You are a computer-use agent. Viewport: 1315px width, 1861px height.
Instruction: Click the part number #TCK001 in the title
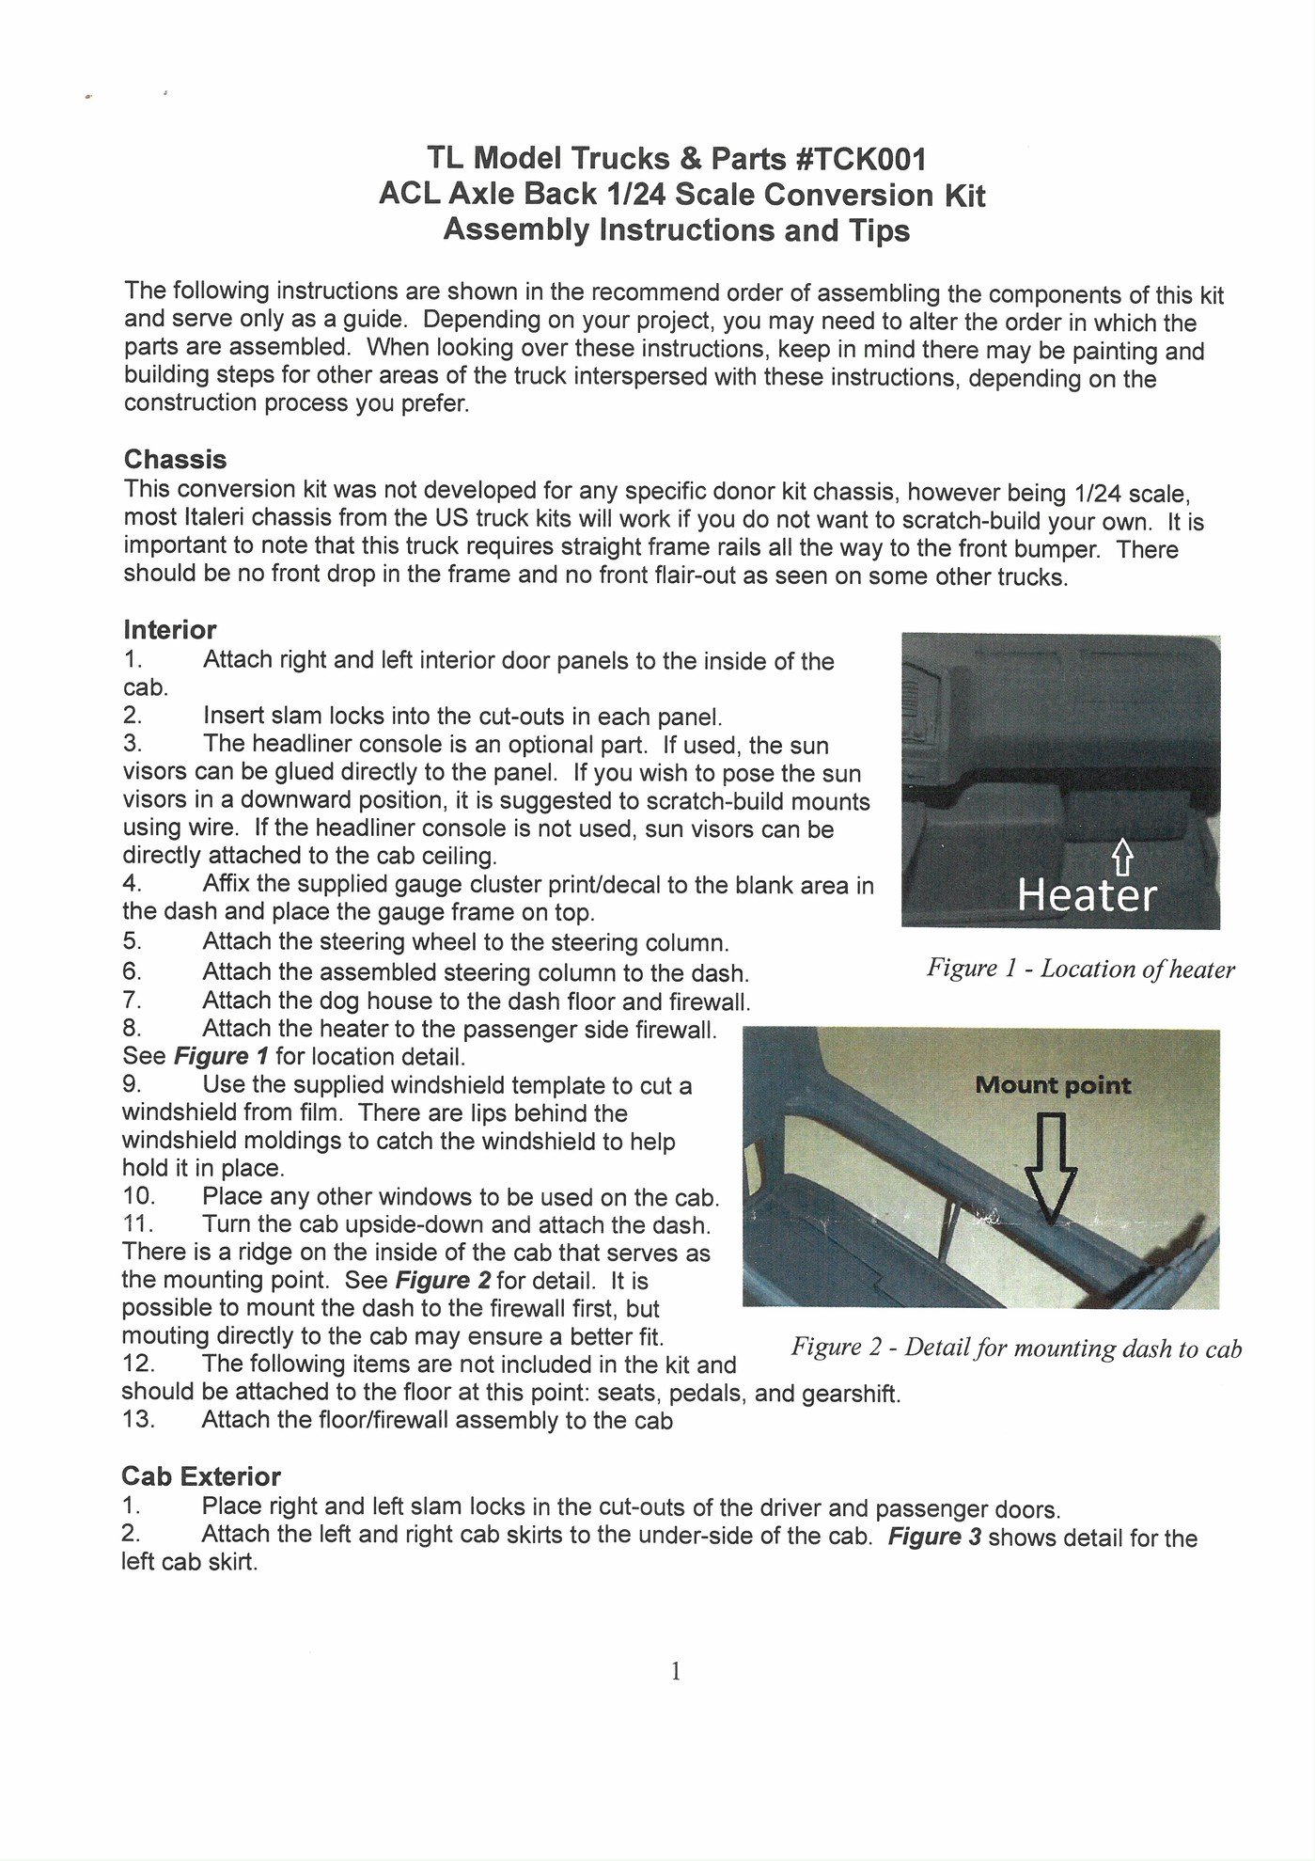(x=861, y=159)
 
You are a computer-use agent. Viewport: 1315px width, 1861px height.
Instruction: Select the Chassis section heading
(x=175, y=460)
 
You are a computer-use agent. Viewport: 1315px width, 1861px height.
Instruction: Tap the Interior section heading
(x=169, y=629)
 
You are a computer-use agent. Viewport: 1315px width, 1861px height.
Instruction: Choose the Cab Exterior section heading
(x=200, y=1476)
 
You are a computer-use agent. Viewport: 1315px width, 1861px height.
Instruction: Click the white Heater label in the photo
(x=1087, y=894)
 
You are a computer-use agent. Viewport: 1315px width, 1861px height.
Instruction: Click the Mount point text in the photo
(x=1053, y=1085)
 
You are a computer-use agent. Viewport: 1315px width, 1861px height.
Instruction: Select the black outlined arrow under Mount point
(x=1050, y=1171)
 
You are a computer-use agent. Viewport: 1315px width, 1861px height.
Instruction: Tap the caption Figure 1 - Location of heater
(x=1080, y=969)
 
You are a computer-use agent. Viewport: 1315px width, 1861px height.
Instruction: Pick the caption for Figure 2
(x=1015, y=1348)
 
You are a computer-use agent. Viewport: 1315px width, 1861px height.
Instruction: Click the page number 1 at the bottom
(x=675, y=1671)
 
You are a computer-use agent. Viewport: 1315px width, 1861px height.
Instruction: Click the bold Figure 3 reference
(x=934, y=1538)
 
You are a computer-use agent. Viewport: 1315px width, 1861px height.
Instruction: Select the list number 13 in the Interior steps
(x=137, y=1419)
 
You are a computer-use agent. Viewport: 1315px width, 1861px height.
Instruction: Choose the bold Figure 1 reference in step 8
(x=221, y=1056)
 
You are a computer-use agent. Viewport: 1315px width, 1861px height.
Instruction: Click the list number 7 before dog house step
(x=132, y=1001)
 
